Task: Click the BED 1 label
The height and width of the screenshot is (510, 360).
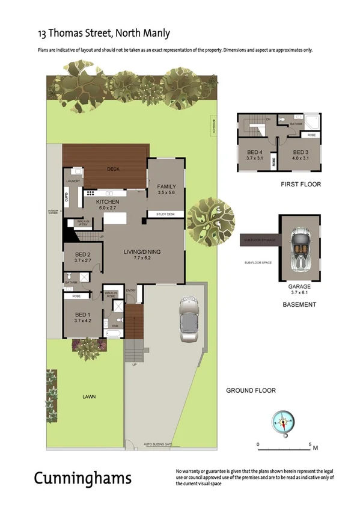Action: pos(83,315)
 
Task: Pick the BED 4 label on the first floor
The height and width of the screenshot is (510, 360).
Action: pos(255,152)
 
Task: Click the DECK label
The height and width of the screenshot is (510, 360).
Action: pos(114,169)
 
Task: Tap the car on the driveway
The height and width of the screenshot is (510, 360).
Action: pos(189,321)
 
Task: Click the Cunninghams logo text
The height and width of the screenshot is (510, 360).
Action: pos(82,478)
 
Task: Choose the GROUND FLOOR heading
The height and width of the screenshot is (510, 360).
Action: pos(251,390)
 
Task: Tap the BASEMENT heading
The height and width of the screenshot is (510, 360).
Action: pos(299,305)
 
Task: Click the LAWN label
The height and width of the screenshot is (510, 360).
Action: pos(90,397)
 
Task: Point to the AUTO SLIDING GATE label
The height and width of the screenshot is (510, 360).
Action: pos(158,444)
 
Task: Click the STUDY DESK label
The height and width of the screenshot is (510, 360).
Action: pos(165,214)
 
